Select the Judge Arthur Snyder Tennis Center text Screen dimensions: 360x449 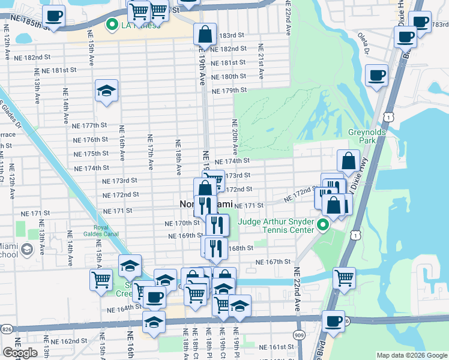[x=276, y=225]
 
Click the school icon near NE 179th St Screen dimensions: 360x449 [x=106, y=91]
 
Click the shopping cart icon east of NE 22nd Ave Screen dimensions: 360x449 [x=344, y=278]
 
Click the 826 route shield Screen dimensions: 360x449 [x=7, y=329]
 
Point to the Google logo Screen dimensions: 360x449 [x=20, y=353]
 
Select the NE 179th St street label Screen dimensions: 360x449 [x=229, y=90]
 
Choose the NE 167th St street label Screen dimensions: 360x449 [x=273, y=262]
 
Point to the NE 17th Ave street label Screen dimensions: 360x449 [x=150, y=151]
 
